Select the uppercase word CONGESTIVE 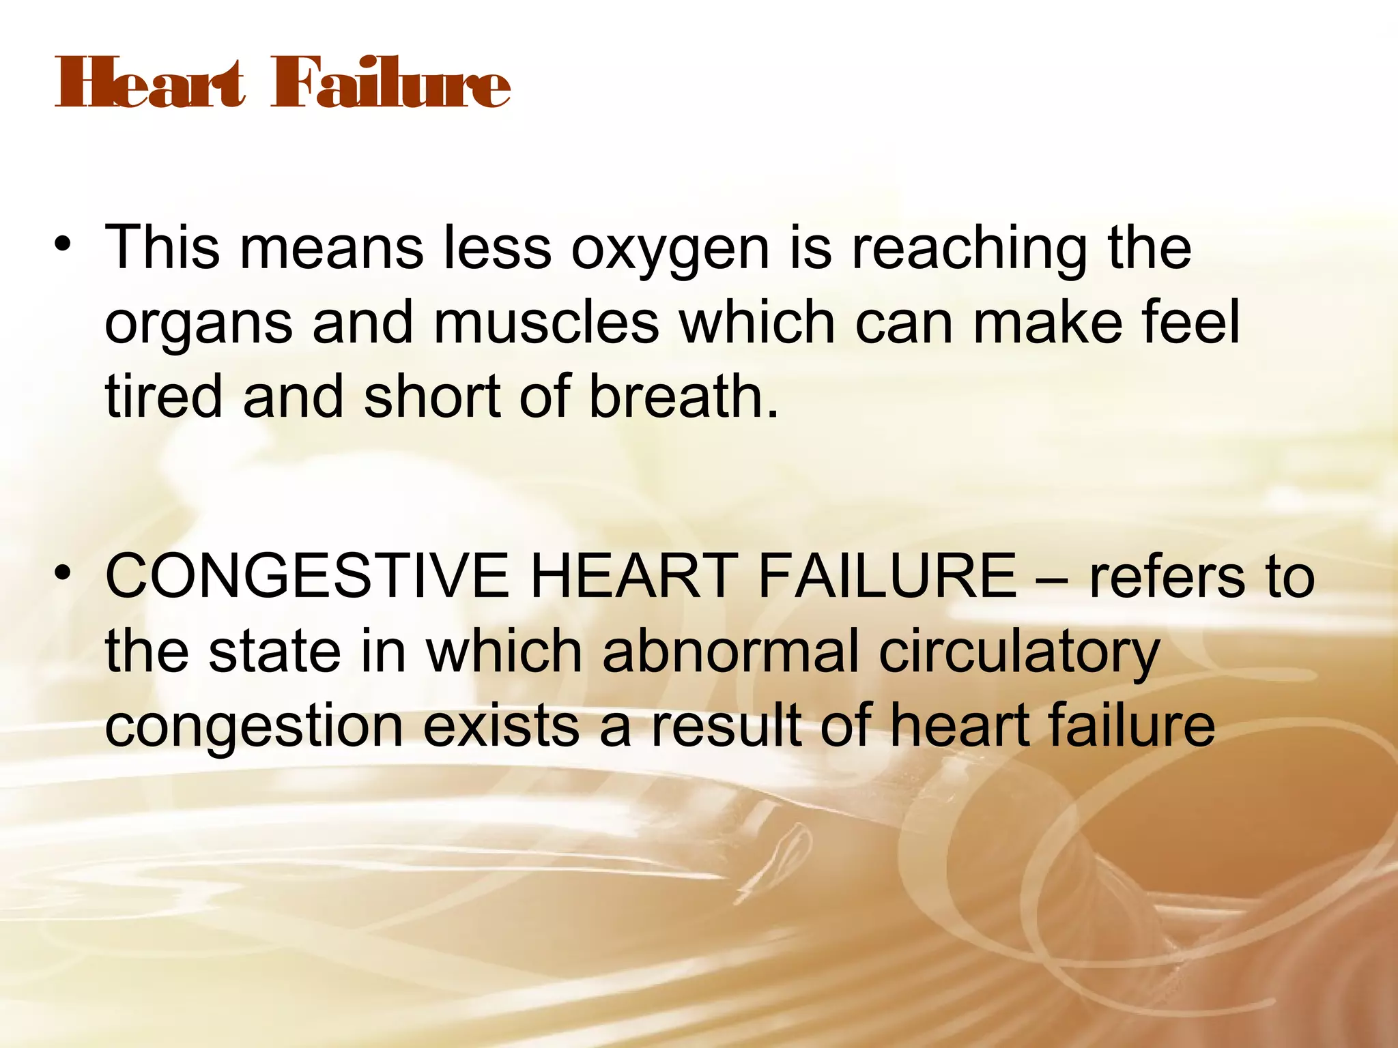point(307,577)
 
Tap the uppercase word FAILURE point(887,577)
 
